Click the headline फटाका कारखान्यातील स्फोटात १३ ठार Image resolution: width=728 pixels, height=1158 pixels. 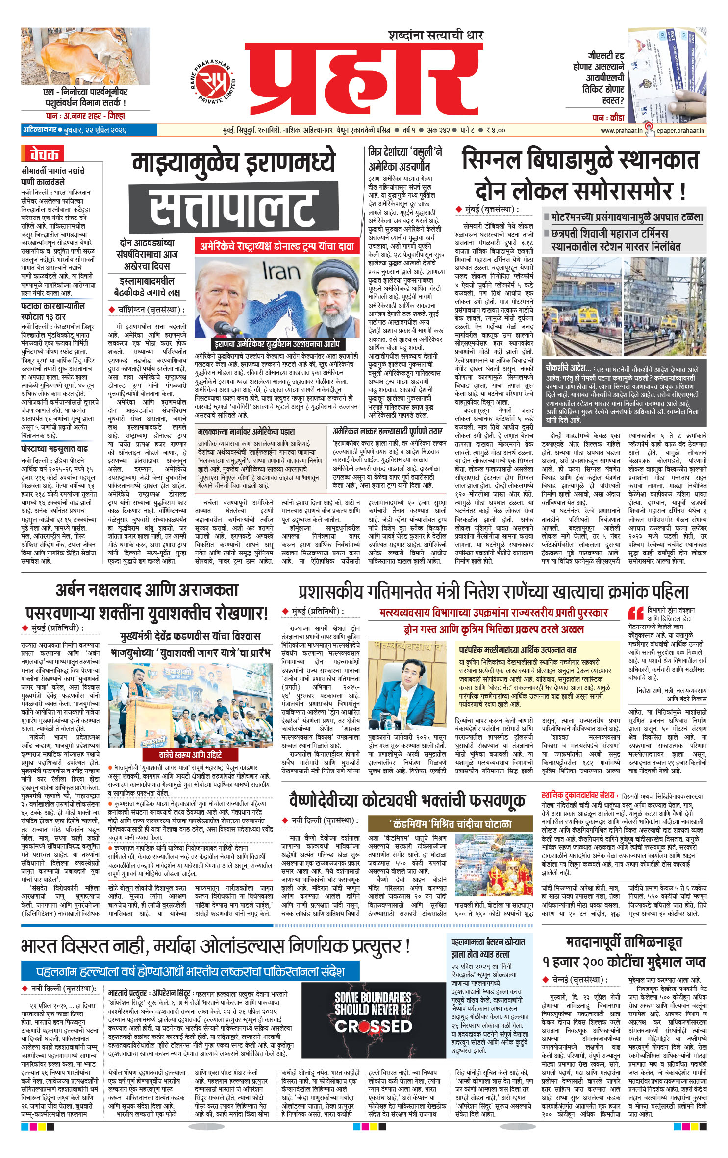53,311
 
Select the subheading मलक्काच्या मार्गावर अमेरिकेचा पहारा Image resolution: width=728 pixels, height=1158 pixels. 247,432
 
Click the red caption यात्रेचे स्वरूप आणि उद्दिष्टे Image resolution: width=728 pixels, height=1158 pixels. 190,755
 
